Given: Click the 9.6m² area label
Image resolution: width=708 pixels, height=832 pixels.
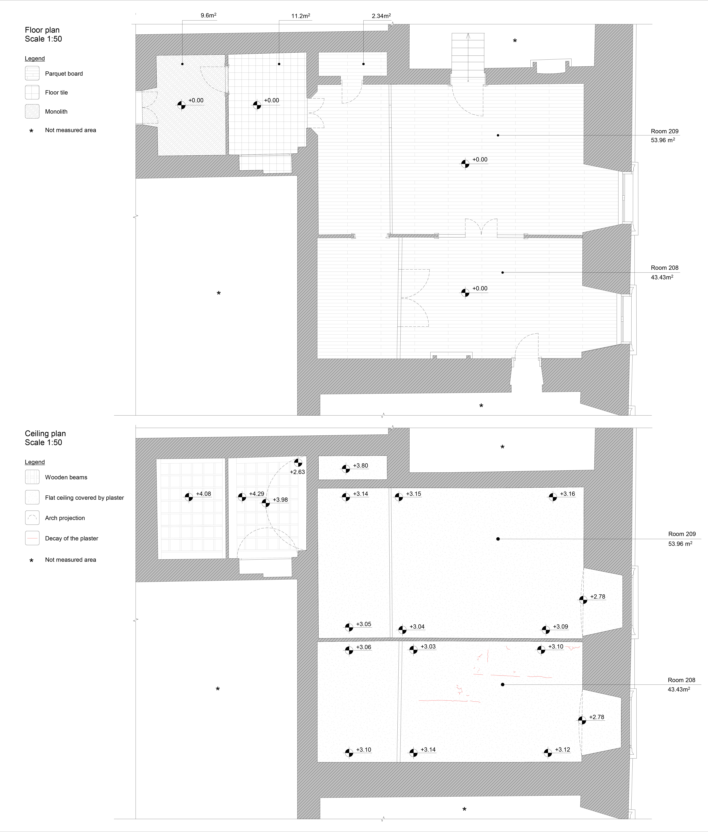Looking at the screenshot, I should click(x=208, y=16).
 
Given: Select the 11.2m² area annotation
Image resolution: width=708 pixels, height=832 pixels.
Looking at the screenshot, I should click(x=300, y=16).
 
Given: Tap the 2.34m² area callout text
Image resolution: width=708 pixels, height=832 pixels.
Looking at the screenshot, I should click(x=381, y=16).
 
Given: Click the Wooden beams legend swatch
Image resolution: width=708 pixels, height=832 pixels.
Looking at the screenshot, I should click(x=32, y=477).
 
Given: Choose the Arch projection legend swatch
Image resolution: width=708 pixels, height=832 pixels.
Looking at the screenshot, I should click(x=32, y=518).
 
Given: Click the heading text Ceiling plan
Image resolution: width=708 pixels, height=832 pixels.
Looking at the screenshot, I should click(x=45, y=433).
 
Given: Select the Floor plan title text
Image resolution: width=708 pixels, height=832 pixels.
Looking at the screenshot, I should click(x=42, y=30).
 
